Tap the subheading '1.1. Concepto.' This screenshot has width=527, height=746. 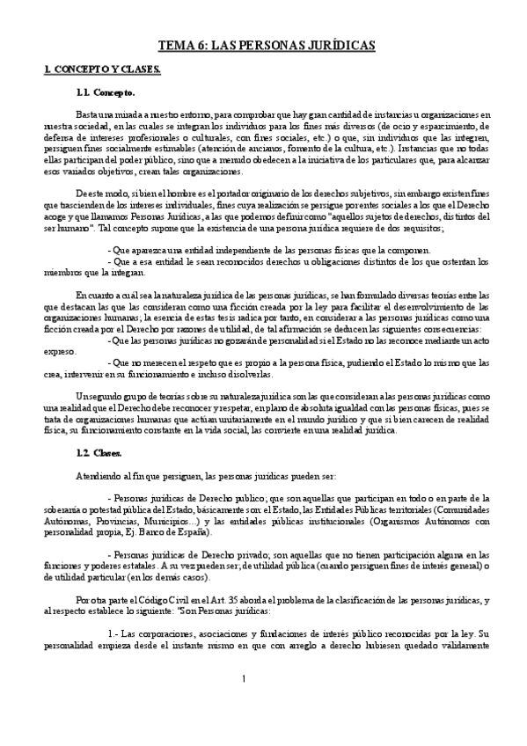point(106,91)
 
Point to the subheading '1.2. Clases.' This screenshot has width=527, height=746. point(102,453)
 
